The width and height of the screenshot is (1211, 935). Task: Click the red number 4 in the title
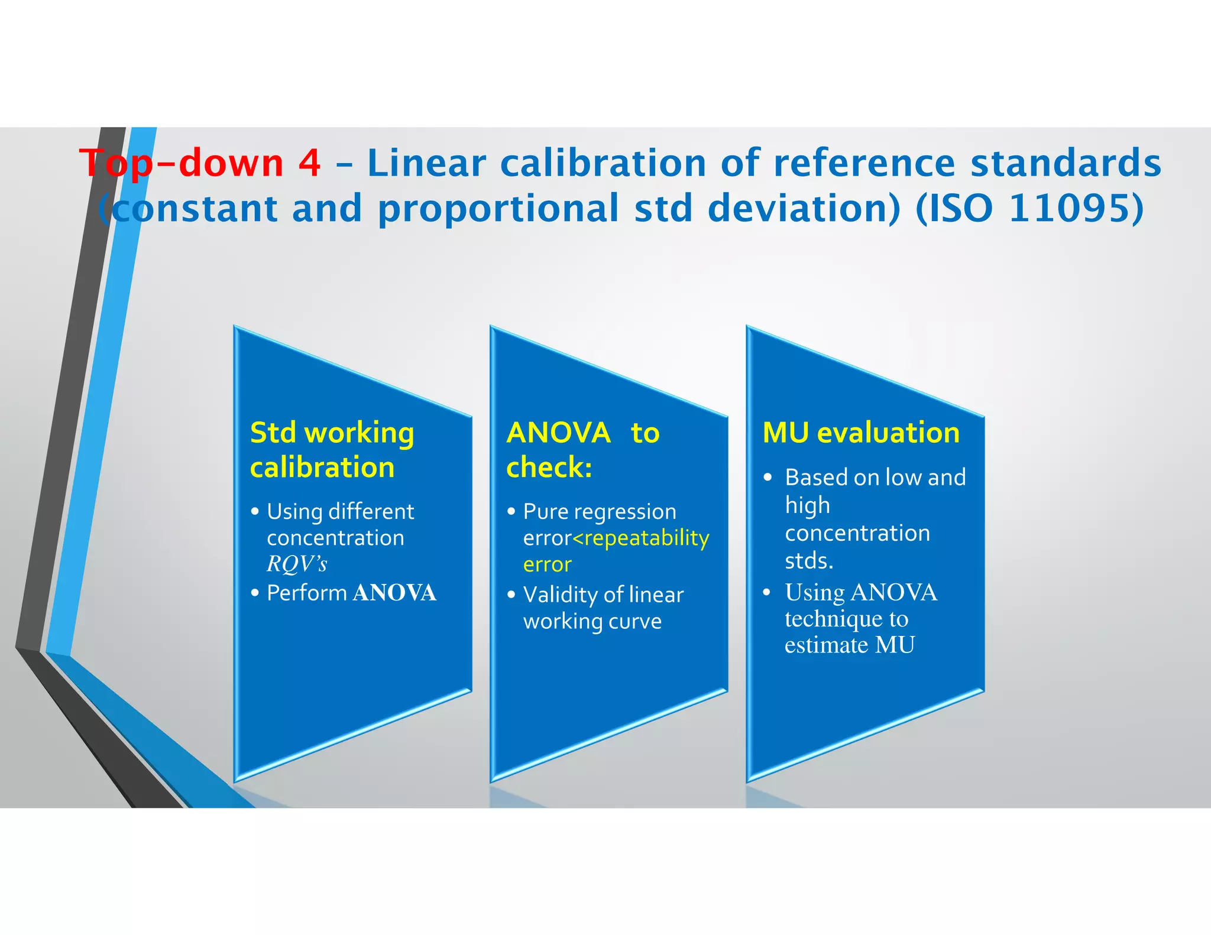[x=309, y=164]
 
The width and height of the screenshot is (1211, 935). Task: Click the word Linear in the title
[x=426, y=164]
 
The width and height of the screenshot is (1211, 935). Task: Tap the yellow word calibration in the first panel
[x=322, y=467]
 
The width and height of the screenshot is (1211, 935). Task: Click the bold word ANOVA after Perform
[x=394, y=593]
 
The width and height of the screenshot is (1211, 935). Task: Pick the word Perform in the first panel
[x=307, y=593]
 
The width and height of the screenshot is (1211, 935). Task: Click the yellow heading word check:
[x=549, y=467]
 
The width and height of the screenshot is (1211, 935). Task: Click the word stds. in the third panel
[x=809, y=560]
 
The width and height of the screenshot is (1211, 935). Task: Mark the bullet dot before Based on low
[x=768, y=478]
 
